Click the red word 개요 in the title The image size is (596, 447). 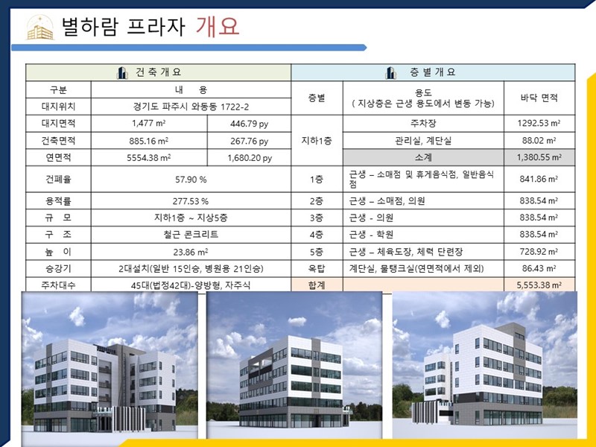tap(218, 26)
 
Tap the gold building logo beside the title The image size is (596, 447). tap(40, 27)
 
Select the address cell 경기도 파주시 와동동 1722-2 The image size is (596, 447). tap(191, 107)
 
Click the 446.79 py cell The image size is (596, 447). tap(250, 124)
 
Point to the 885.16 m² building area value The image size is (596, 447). tap(148, 141)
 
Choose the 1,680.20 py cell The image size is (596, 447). tap(250, 158)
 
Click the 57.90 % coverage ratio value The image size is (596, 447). tap(191, 180)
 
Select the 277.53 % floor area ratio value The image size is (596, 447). tap(191, 201)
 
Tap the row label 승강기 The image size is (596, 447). tap(58, 269)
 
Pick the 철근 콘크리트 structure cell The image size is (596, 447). tap(191, 235)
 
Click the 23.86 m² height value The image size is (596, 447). tap(191, 252)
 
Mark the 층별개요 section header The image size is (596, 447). tap(433, 72)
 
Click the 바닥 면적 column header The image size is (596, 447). tap(539, 98)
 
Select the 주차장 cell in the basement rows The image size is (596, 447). tap(423, 124)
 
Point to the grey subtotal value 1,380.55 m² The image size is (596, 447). tap(539, 157)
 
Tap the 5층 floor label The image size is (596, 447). tap(316, 252)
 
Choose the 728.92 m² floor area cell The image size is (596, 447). tap(539, 252)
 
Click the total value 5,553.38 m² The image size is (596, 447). tap(539, 285)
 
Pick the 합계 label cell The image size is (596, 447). tap(317, 285)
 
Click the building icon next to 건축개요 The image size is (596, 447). tap(122, 72)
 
